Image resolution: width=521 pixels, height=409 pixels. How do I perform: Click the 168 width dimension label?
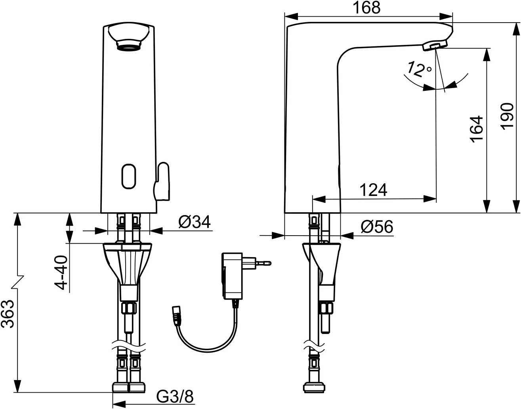click(367, 8)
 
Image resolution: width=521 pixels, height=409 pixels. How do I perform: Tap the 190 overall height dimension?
click(508, 117)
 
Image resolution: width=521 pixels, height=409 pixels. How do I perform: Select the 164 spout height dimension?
click(476, 129)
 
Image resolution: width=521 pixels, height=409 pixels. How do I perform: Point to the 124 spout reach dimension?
click(373, 190)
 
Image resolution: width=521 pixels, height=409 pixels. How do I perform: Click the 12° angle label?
click(419, 69)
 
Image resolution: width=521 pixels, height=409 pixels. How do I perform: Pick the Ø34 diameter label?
click(195, 222)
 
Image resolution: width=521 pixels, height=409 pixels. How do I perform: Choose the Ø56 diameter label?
click(377, 227)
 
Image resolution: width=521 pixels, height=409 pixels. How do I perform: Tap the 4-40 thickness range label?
click(60, 273)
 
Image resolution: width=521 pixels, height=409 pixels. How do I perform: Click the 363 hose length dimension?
click(8, 314)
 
